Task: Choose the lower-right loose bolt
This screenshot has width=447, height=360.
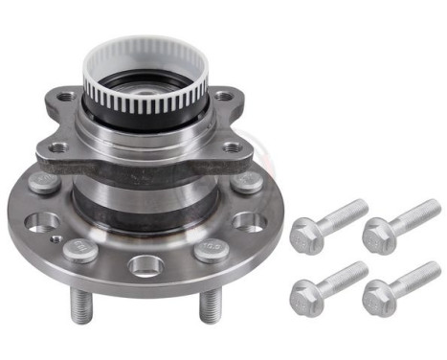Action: pyautogui.click(x=402, y=281)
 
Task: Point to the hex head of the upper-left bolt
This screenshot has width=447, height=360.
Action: pyautogui.click(x=305, y=230)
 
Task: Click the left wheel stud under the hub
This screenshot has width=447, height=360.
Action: pyautogui.click(x=79, y=305)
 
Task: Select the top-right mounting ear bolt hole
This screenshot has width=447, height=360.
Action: pyautogui.click(x=223, y=96)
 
